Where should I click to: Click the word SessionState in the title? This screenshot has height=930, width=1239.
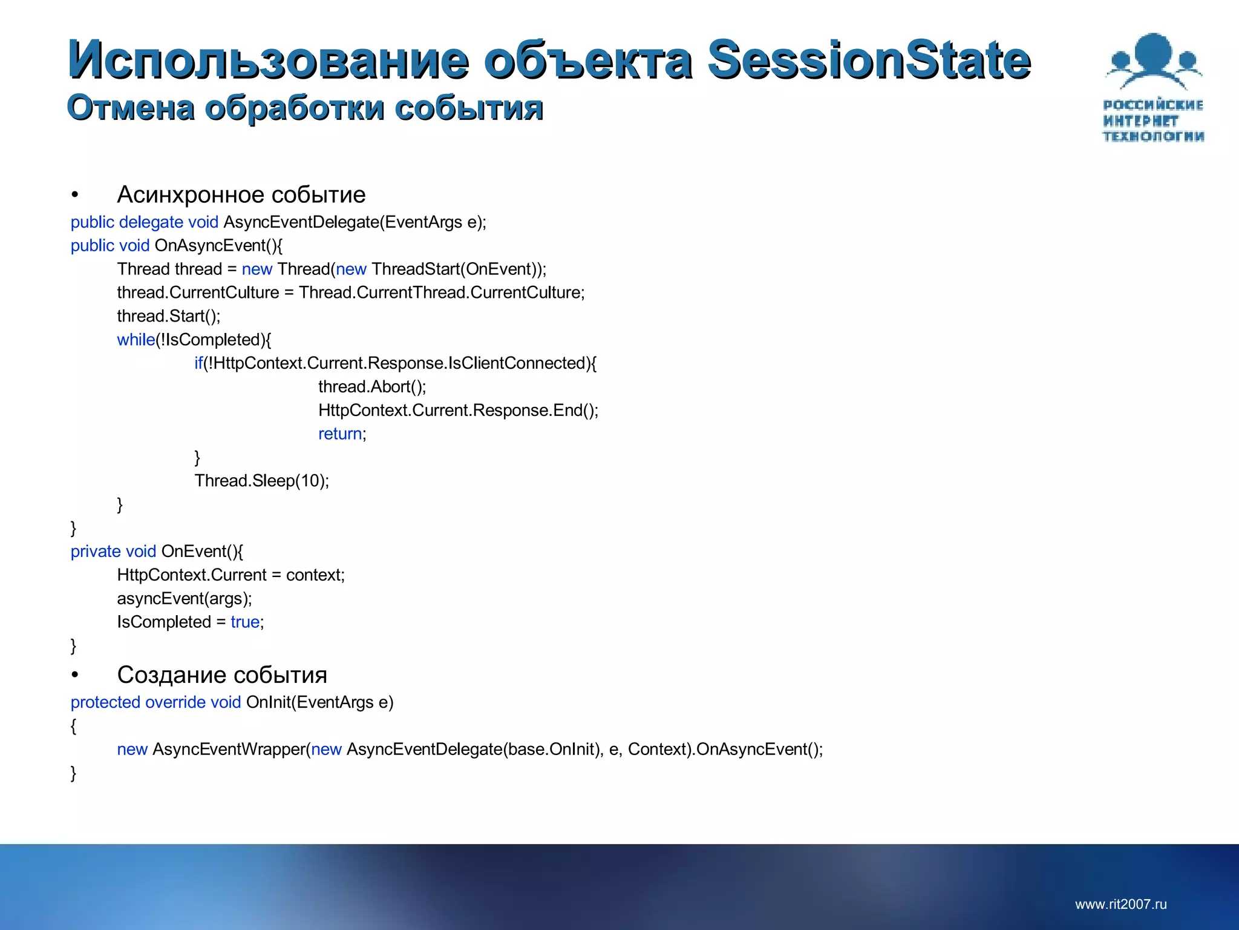coord(869,59)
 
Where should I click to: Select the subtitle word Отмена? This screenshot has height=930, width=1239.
coord(131,108)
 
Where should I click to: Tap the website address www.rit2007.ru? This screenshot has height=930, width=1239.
coord(1120,904)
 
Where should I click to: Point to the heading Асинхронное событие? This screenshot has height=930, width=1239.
coord(241,195)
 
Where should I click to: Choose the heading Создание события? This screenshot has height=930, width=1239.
coord(222,674)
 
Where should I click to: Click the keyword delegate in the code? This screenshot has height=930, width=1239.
coord(151,222)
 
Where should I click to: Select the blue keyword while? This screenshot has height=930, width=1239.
coord(136,340)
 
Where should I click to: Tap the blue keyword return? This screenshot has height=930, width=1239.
coord(340,434)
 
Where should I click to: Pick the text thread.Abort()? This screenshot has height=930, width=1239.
coord(372,386)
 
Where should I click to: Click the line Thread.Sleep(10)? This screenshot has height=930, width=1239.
coord(261,481)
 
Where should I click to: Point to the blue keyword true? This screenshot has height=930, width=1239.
coord(245,622)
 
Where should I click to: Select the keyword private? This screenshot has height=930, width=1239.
coord(96,551)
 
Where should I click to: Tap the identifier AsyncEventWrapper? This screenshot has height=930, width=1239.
coord(229,749)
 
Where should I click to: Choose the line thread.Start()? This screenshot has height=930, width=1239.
coord(169,316)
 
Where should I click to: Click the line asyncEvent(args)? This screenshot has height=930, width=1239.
coord(185,598)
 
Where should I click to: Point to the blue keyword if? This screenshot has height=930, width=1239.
coord(198,363)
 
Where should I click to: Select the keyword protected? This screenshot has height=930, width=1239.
coord(105,702)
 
